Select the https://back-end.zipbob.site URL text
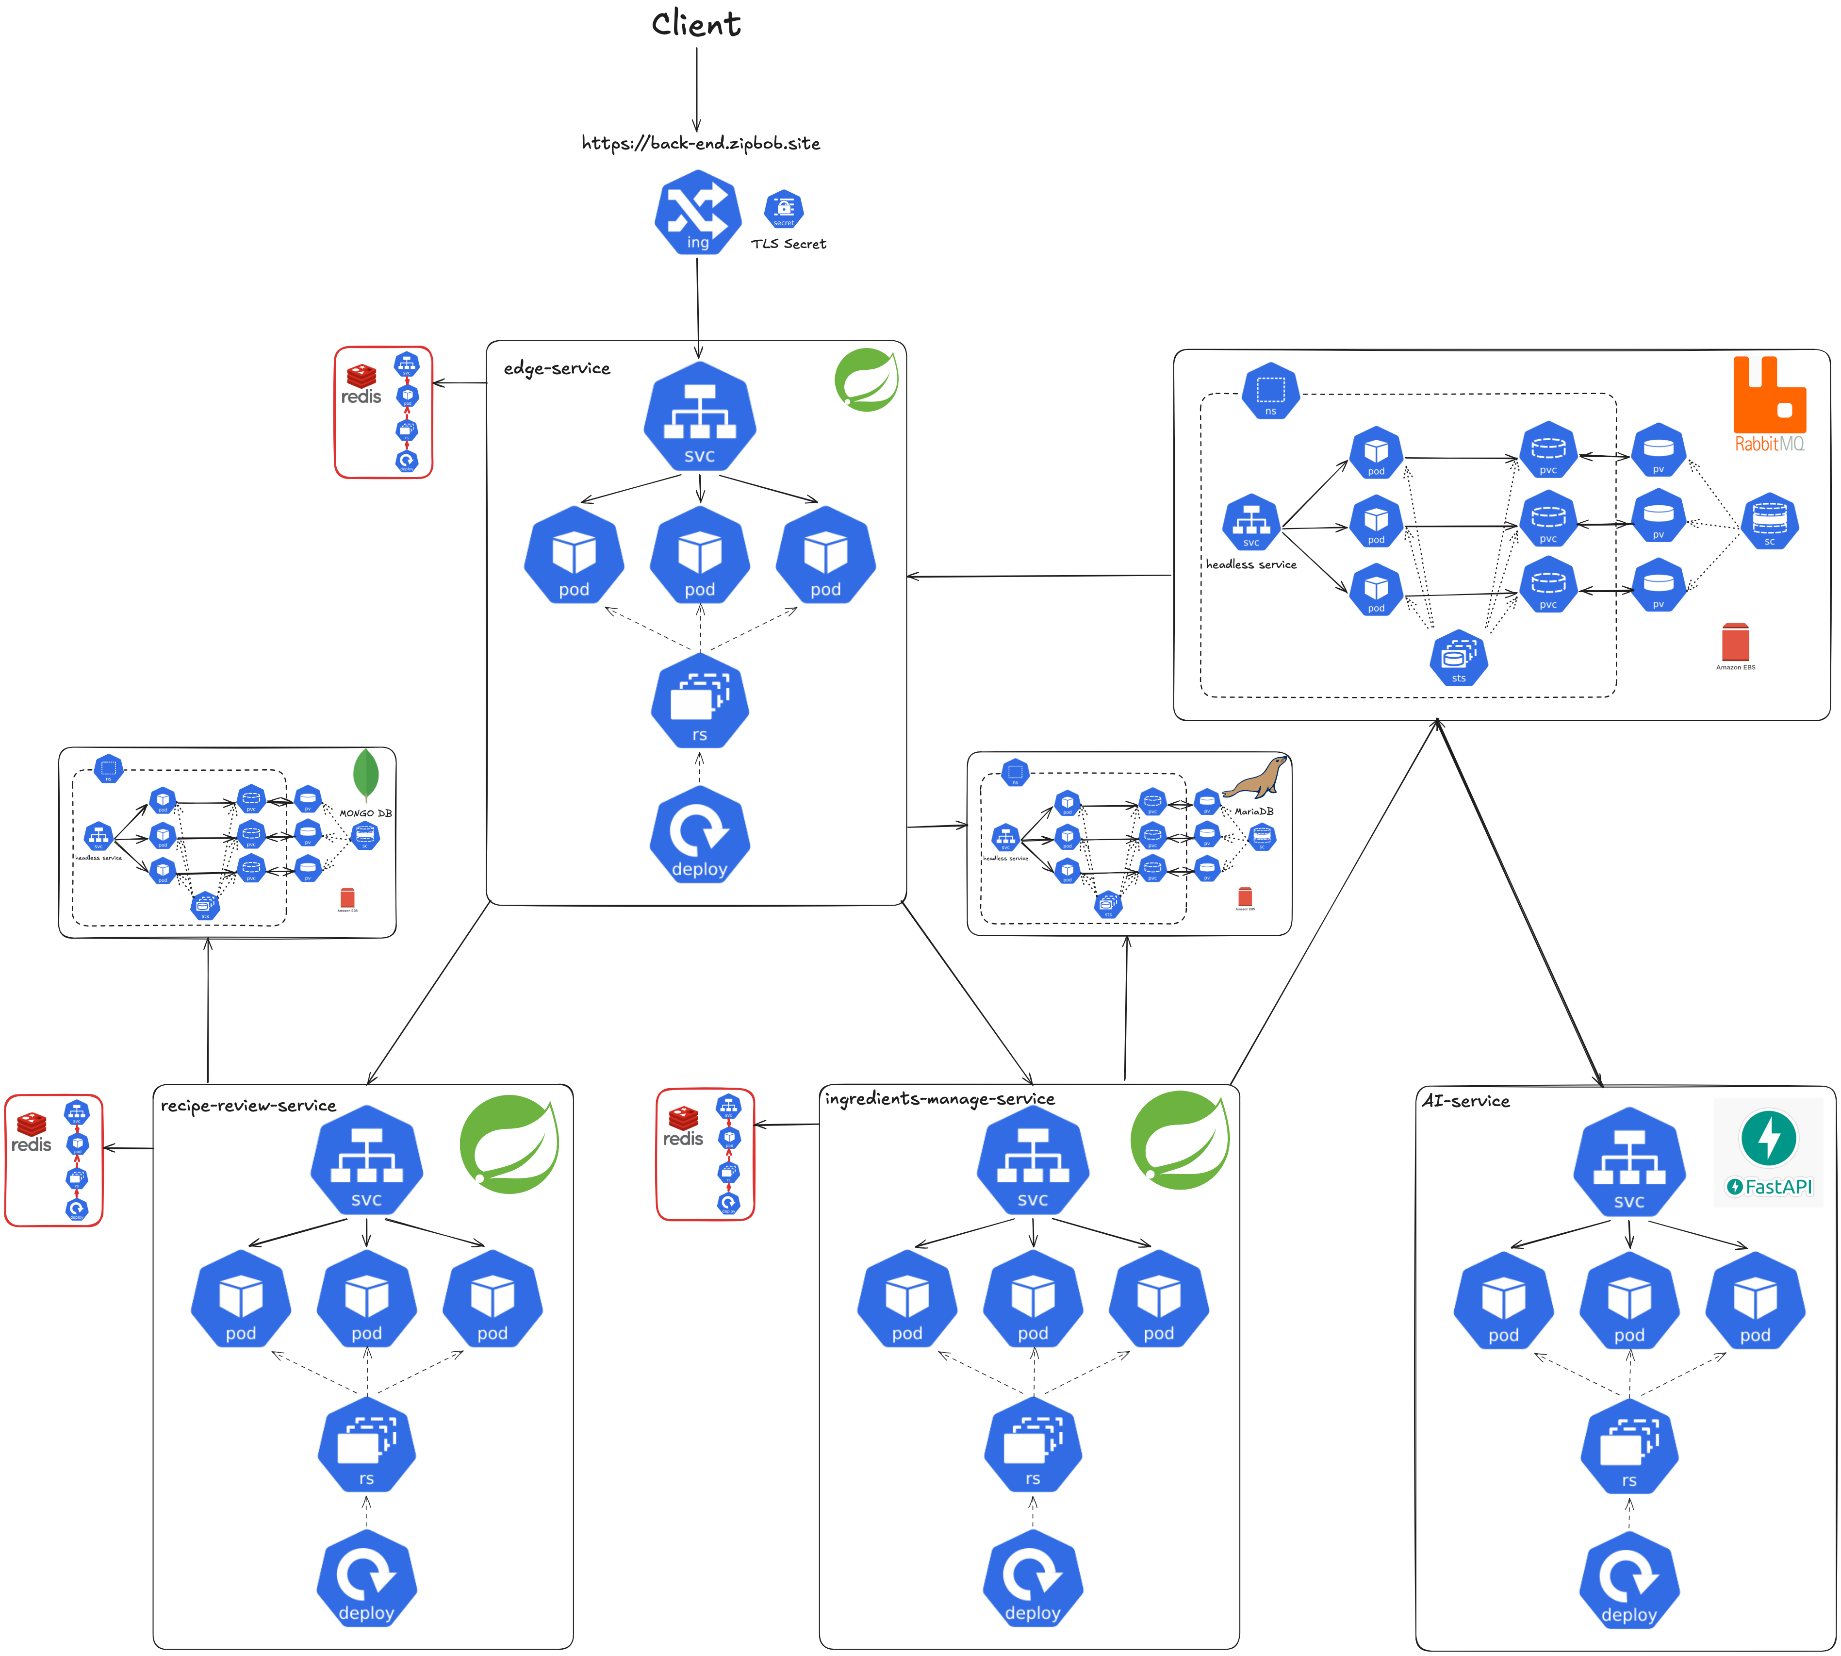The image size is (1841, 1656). click(x=700, y=143)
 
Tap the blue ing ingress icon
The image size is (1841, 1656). click(x=698, y=216)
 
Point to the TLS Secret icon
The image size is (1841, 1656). click(x=784, y=209)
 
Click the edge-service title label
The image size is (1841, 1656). click(x=557, y=368)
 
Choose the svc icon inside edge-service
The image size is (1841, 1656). click(x=699, y=417)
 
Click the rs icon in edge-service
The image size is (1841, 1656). click(x=699, y=701)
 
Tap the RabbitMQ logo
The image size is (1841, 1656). click(x=1769, y=405)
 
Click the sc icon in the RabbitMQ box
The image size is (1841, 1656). click(x=1769, y=521)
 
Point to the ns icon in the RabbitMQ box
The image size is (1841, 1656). click(x=1271, y=391)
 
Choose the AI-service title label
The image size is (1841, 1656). click(x=1465, y=1101)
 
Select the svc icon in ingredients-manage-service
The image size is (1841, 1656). click(x=1033, y=1161)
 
